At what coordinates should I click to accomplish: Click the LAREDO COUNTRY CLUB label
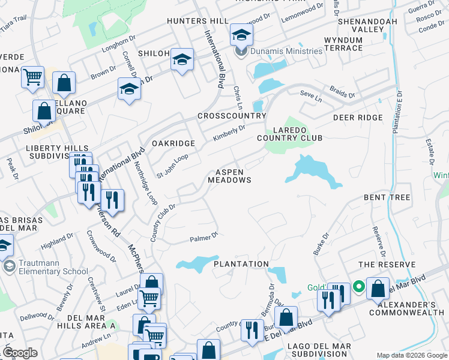[298, 134]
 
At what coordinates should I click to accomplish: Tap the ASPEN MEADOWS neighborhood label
[229, 176]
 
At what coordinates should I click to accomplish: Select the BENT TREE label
[387, 197]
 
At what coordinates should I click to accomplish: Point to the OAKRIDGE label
[173, 143]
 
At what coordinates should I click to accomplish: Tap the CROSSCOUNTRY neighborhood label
[231, 116]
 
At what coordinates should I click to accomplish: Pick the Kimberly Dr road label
[229, 134]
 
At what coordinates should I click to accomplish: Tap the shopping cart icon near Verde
[32, 77]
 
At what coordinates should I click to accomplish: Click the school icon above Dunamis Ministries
[241, 36]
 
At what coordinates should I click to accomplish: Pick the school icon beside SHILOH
[182, 59]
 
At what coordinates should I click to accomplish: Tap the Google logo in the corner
[20, 353]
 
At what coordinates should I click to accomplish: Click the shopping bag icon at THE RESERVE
[378, 289]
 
